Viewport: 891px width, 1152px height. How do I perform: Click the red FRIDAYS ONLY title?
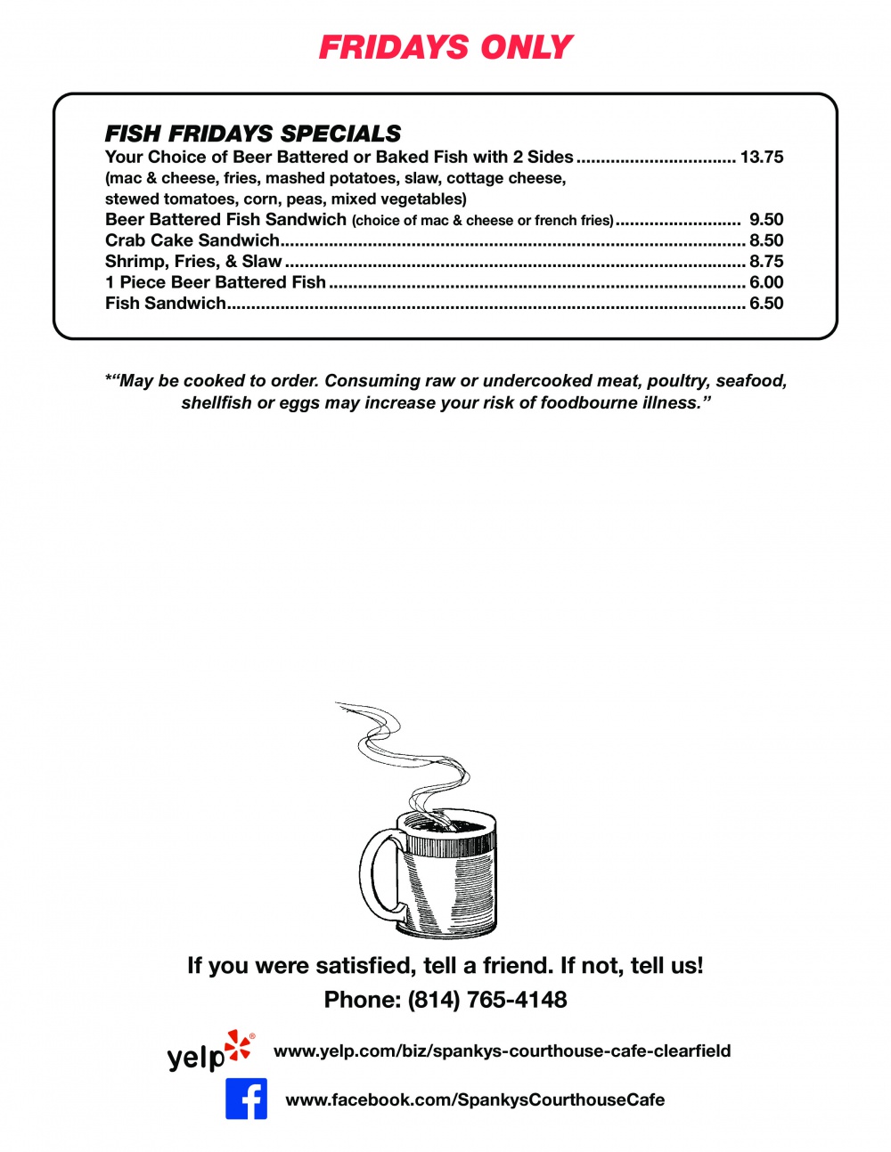[445, 47]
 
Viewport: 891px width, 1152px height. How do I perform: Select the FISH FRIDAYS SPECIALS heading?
[253, 134]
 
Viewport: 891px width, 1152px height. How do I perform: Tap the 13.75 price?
[762, 158]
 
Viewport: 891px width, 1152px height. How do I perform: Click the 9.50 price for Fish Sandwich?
[766, 220]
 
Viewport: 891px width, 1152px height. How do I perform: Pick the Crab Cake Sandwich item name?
[192, 240]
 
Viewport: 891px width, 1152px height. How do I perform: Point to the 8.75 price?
[766, 262]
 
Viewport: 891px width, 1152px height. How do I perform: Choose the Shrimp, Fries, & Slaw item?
[193, 262]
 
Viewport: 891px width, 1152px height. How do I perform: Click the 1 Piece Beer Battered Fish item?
[216, 282]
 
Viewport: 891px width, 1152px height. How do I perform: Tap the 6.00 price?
[766, 282]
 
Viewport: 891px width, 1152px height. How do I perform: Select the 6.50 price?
[766, 304]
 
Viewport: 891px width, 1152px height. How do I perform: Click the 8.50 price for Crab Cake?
[766, 240]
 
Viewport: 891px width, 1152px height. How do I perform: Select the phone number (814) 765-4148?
[487, 1000]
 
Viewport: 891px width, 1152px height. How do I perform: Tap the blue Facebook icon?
[246, 1099]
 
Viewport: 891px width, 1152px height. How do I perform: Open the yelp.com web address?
[502, 1051]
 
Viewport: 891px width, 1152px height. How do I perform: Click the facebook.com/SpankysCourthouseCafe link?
[475, 1099]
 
